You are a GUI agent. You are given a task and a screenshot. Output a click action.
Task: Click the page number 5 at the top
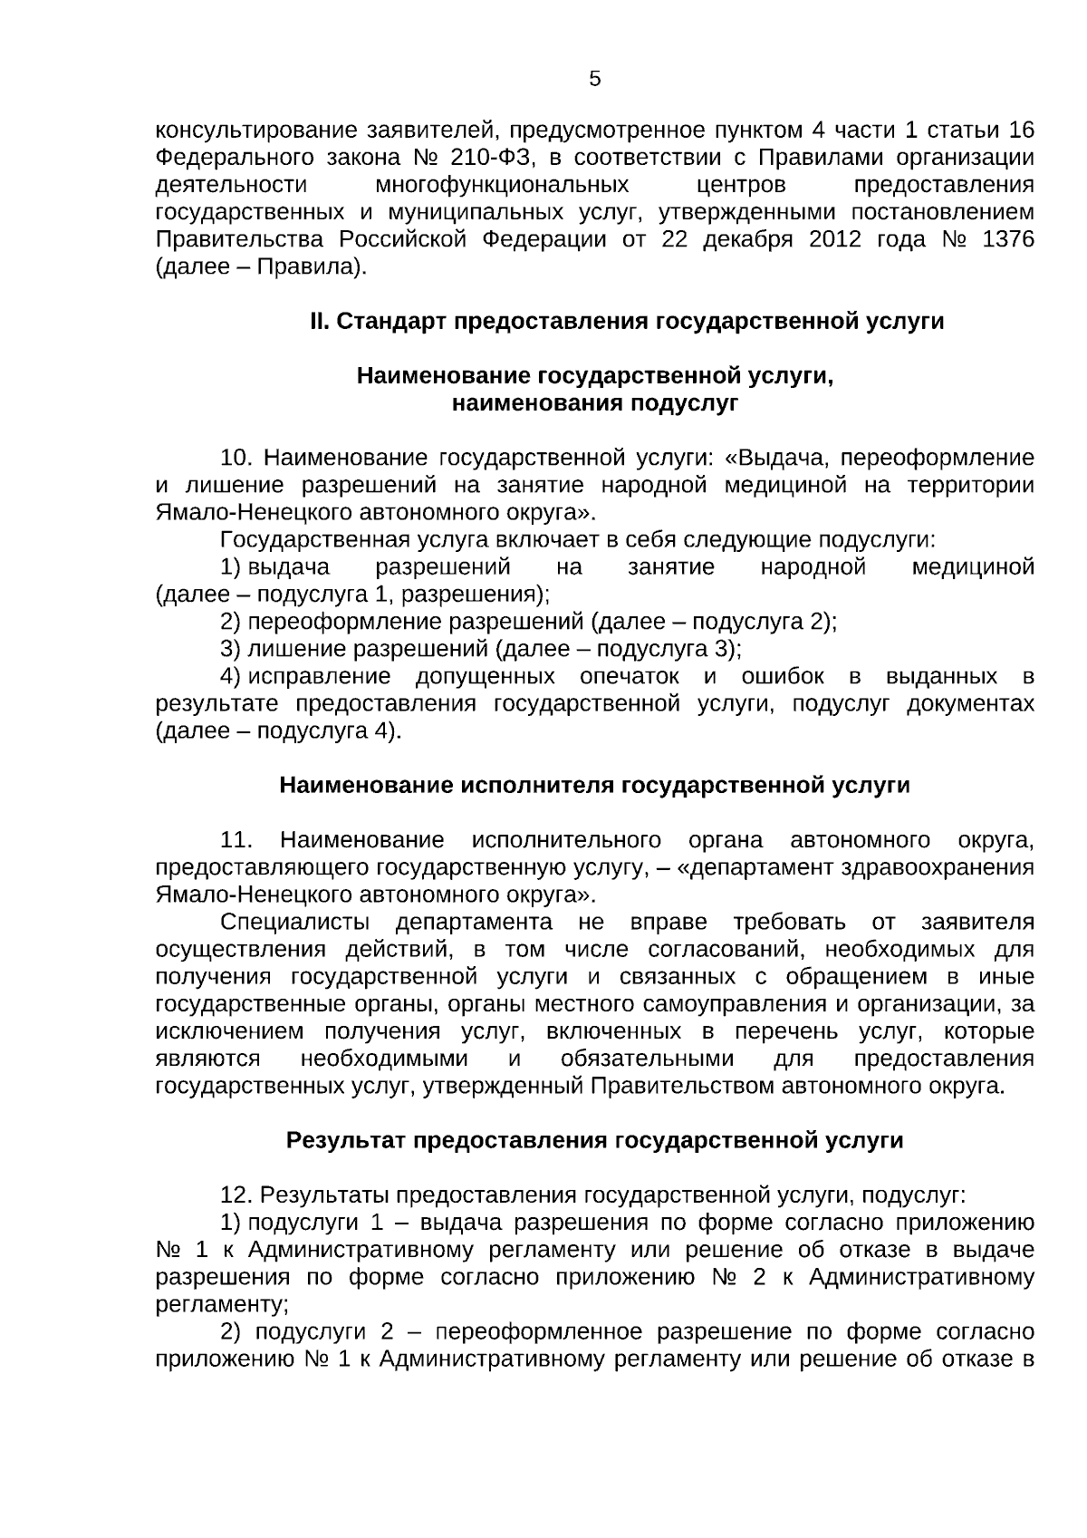pyautogui.click(x=594, y=80)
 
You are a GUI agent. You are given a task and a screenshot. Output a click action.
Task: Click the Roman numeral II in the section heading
pyautogui.click(x=319, y=322)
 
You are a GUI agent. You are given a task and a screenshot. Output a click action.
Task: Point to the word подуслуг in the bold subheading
pyautogui.click(x=686, y=403)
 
